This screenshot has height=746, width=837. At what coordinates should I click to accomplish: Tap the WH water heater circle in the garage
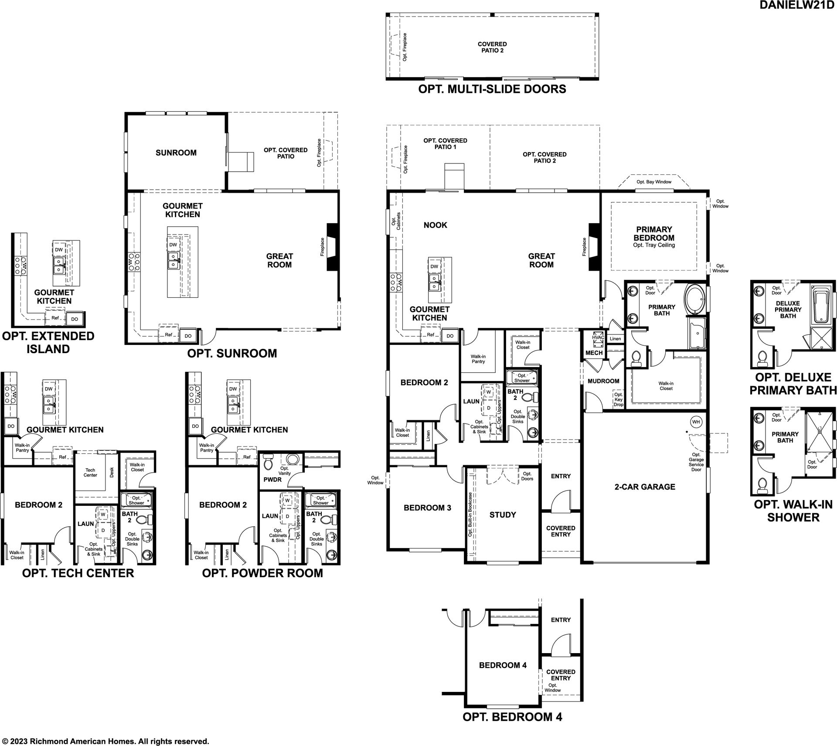click(x=696, y=422)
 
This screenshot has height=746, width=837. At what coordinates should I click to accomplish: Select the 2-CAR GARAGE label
click(x=645, y=487)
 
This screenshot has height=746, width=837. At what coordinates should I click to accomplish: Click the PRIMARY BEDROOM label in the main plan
click(x=654, y=234)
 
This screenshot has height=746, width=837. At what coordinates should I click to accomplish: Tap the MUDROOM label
click(x=603, y=381)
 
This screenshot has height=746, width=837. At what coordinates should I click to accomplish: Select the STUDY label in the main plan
click(x=503, y=515)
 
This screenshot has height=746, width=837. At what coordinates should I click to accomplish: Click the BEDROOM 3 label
click(x=427, y=508)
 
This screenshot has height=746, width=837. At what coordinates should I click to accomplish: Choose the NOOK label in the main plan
click(x=436, y=225)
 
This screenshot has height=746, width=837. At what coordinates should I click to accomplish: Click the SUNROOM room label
click(x=176, y=153)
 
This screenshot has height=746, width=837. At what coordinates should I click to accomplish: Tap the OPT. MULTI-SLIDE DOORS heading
click(x=492, y=89)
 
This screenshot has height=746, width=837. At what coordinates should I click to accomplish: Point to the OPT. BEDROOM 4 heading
click(x=512, y=717)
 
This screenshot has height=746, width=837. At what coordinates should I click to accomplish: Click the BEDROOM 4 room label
click(x=503, y=665)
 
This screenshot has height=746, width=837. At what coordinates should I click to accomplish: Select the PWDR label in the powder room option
click(x=272, y=480)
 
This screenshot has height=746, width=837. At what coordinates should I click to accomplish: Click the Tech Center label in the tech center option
click(x=90, y=473)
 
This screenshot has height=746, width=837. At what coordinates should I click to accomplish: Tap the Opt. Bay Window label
click(x=654, y=182)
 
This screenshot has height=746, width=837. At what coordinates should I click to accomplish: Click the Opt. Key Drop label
click(x=618, y=400)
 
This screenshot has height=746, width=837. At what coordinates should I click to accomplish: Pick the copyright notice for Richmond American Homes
click(x=105, y=741)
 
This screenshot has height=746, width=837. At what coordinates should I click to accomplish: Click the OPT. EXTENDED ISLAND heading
click(x=48, y=342)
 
